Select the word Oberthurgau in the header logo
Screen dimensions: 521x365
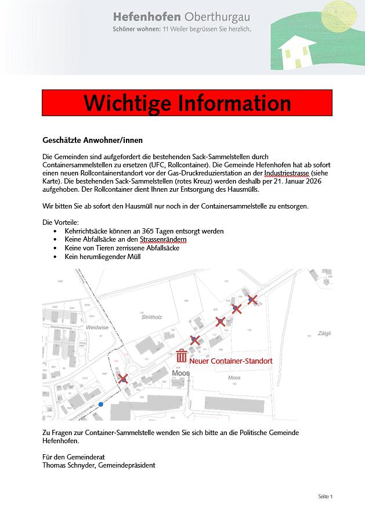click(218, 16)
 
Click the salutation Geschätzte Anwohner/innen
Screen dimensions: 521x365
click(92, 141)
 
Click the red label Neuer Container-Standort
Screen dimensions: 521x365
click(230, 361)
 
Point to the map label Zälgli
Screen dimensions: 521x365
click(324, 333)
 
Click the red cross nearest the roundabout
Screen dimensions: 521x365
click(123, 379)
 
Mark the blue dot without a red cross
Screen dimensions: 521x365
click(101, 404)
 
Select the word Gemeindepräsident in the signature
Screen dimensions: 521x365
click(127, 465)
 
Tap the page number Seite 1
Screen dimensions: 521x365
click(325, 497)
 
